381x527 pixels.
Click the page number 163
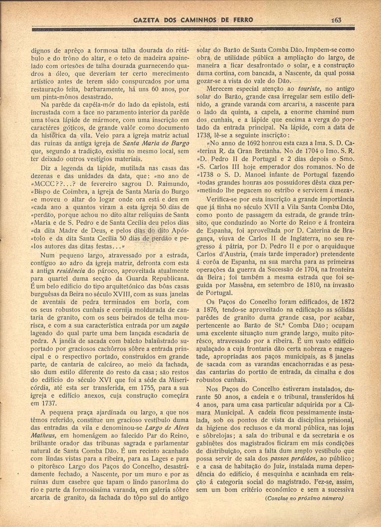[336, 20]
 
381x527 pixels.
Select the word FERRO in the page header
[241, 20]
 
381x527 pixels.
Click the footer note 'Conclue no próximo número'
[304, 498]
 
